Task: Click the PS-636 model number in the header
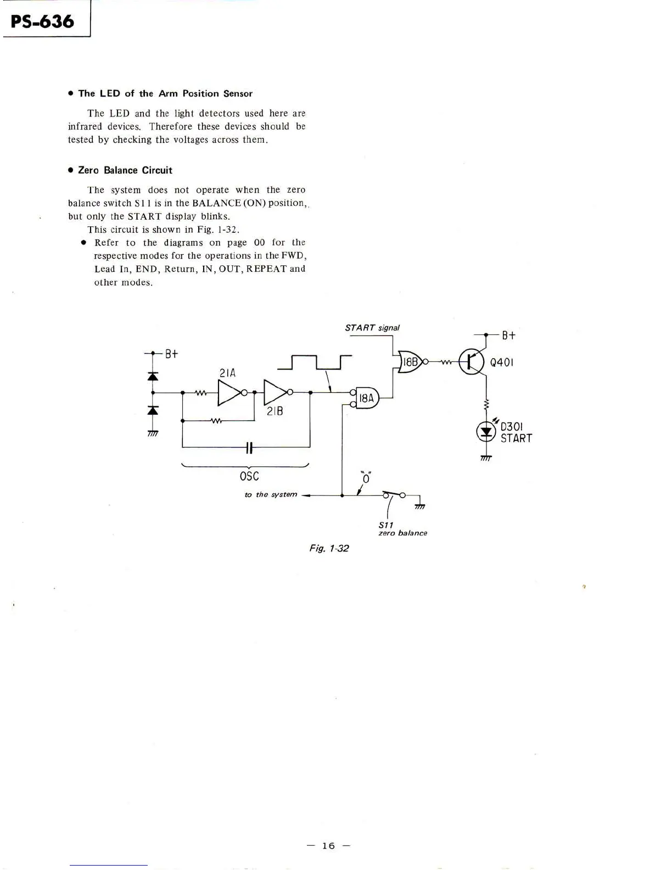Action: click(42, 21)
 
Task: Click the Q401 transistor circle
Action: click(471, 362)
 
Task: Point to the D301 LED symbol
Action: click(486, 432)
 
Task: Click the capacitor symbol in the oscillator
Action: click(249, 448)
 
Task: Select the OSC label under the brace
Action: click(249, 476)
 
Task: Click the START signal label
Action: click(372, 328)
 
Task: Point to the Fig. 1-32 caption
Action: click(329, 548)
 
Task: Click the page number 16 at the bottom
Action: click(328, 846)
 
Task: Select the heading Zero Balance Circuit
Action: click(125, 170)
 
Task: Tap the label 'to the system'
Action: click(271, 495)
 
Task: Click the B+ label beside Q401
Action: click(508, 335)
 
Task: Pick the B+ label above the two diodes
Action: click(172, 354)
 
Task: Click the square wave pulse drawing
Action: click(314, 362)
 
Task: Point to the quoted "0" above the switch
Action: click(366, 478)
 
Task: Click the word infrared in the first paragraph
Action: click(85, 126)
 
